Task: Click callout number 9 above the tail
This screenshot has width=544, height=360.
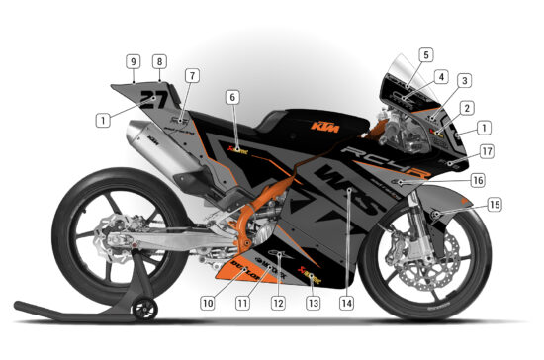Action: coord(132,61)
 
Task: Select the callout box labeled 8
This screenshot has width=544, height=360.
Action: coord(159,61)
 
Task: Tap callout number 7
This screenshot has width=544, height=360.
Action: coord(192,75)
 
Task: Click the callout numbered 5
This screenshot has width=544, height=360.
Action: coord(425,55)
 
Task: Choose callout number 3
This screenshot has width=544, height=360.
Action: coord(464,81)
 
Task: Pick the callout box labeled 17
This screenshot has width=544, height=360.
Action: coord(486,152)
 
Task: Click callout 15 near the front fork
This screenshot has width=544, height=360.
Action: coord(494,205)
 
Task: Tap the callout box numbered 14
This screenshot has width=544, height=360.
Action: coord(345,303)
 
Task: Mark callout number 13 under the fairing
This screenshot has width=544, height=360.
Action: coord(313,303)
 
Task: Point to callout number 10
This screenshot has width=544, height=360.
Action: coord(208,303)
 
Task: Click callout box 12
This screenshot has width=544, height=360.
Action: coord(279,303)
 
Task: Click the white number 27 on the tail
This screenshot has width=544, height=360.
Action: coord(153,98)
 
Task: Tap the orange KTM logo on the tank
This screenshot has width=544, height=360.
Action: coord(319,126)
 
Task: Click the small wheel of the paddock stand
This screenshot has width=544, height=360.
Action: coord(146,310)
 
